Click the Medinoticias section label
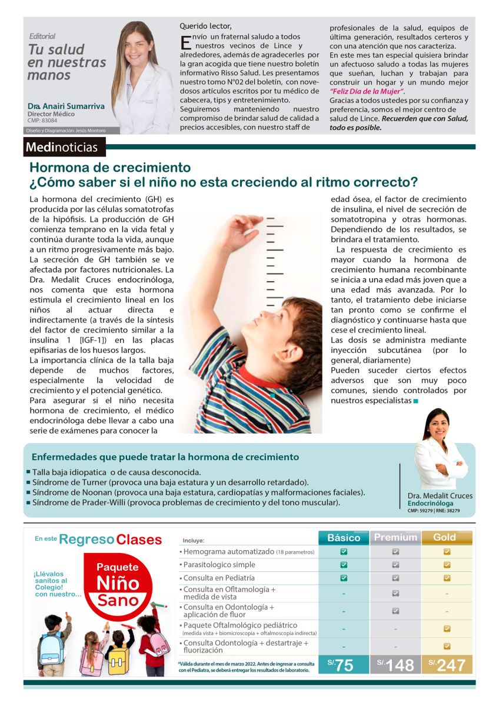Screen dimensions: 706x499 [x=64, y=146]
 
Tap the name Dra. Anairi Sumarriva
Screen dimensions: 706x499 [x=65, y=106]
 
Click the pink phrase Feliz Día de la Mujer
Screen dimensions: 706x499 [x=367, y=92]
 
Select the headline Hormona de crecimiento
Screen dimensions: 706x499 [x=110, y=168]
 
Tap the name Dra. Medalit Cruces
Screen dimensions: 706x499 [x=440, y=496]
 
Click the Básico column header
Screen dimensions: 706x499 [x=344, y=538]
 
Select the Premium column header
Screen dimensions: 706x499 [x=395, y=538]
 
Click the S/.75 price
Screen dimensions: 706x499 [x=344, y=665]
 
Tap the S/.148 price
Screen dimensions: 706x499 [x=395, y=665]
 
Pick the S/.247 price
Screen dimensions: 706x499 [x=447, y=665]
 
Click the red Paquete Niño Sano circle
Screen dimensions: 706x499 [x=118, y=585]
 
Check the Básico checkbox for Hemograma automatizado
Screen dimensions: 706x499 [x=344, y=552]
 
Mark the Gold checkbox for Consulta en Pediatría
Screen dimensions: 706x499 [x=447, y=578]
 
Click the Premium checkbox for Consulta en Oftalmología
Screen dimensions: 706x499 [x=395, y=594]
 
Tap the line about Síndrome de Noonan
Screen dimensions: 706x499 [x=195, y=492]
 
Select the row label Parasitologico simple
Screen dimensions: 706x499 [x=219, y=565]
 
